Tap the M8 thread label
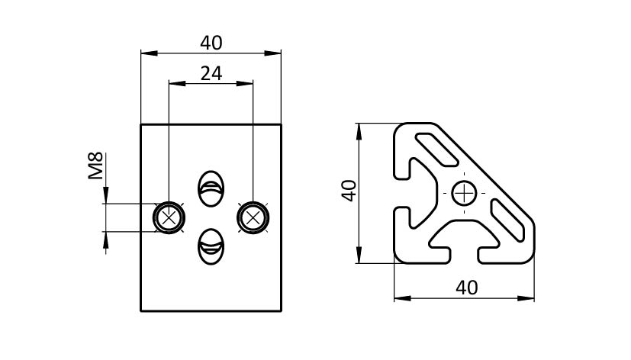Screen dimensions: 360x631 pyautogui.click(x=95, y=166)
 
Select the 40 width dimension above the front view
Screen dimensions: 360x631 pyautogui.click(x=211, y=43)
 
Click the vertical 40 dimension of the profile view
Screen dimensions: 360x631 pyautogui.click(x=349, y=191)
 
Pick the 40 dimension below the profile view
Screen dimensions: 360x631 pyautogui.click(x=465, y=288)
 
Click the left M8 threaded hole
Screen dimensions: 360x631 pyautogui.click(x=169, y=218)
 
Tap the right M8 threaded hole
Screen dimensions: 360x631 pyautogui.click(x=253, y=218)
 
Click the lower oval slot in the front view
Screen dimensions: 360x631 pyautogui.click(x=211, y=248)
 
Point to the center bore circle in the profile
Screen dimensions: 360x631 pyautogui.click(x=463, y=194)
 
